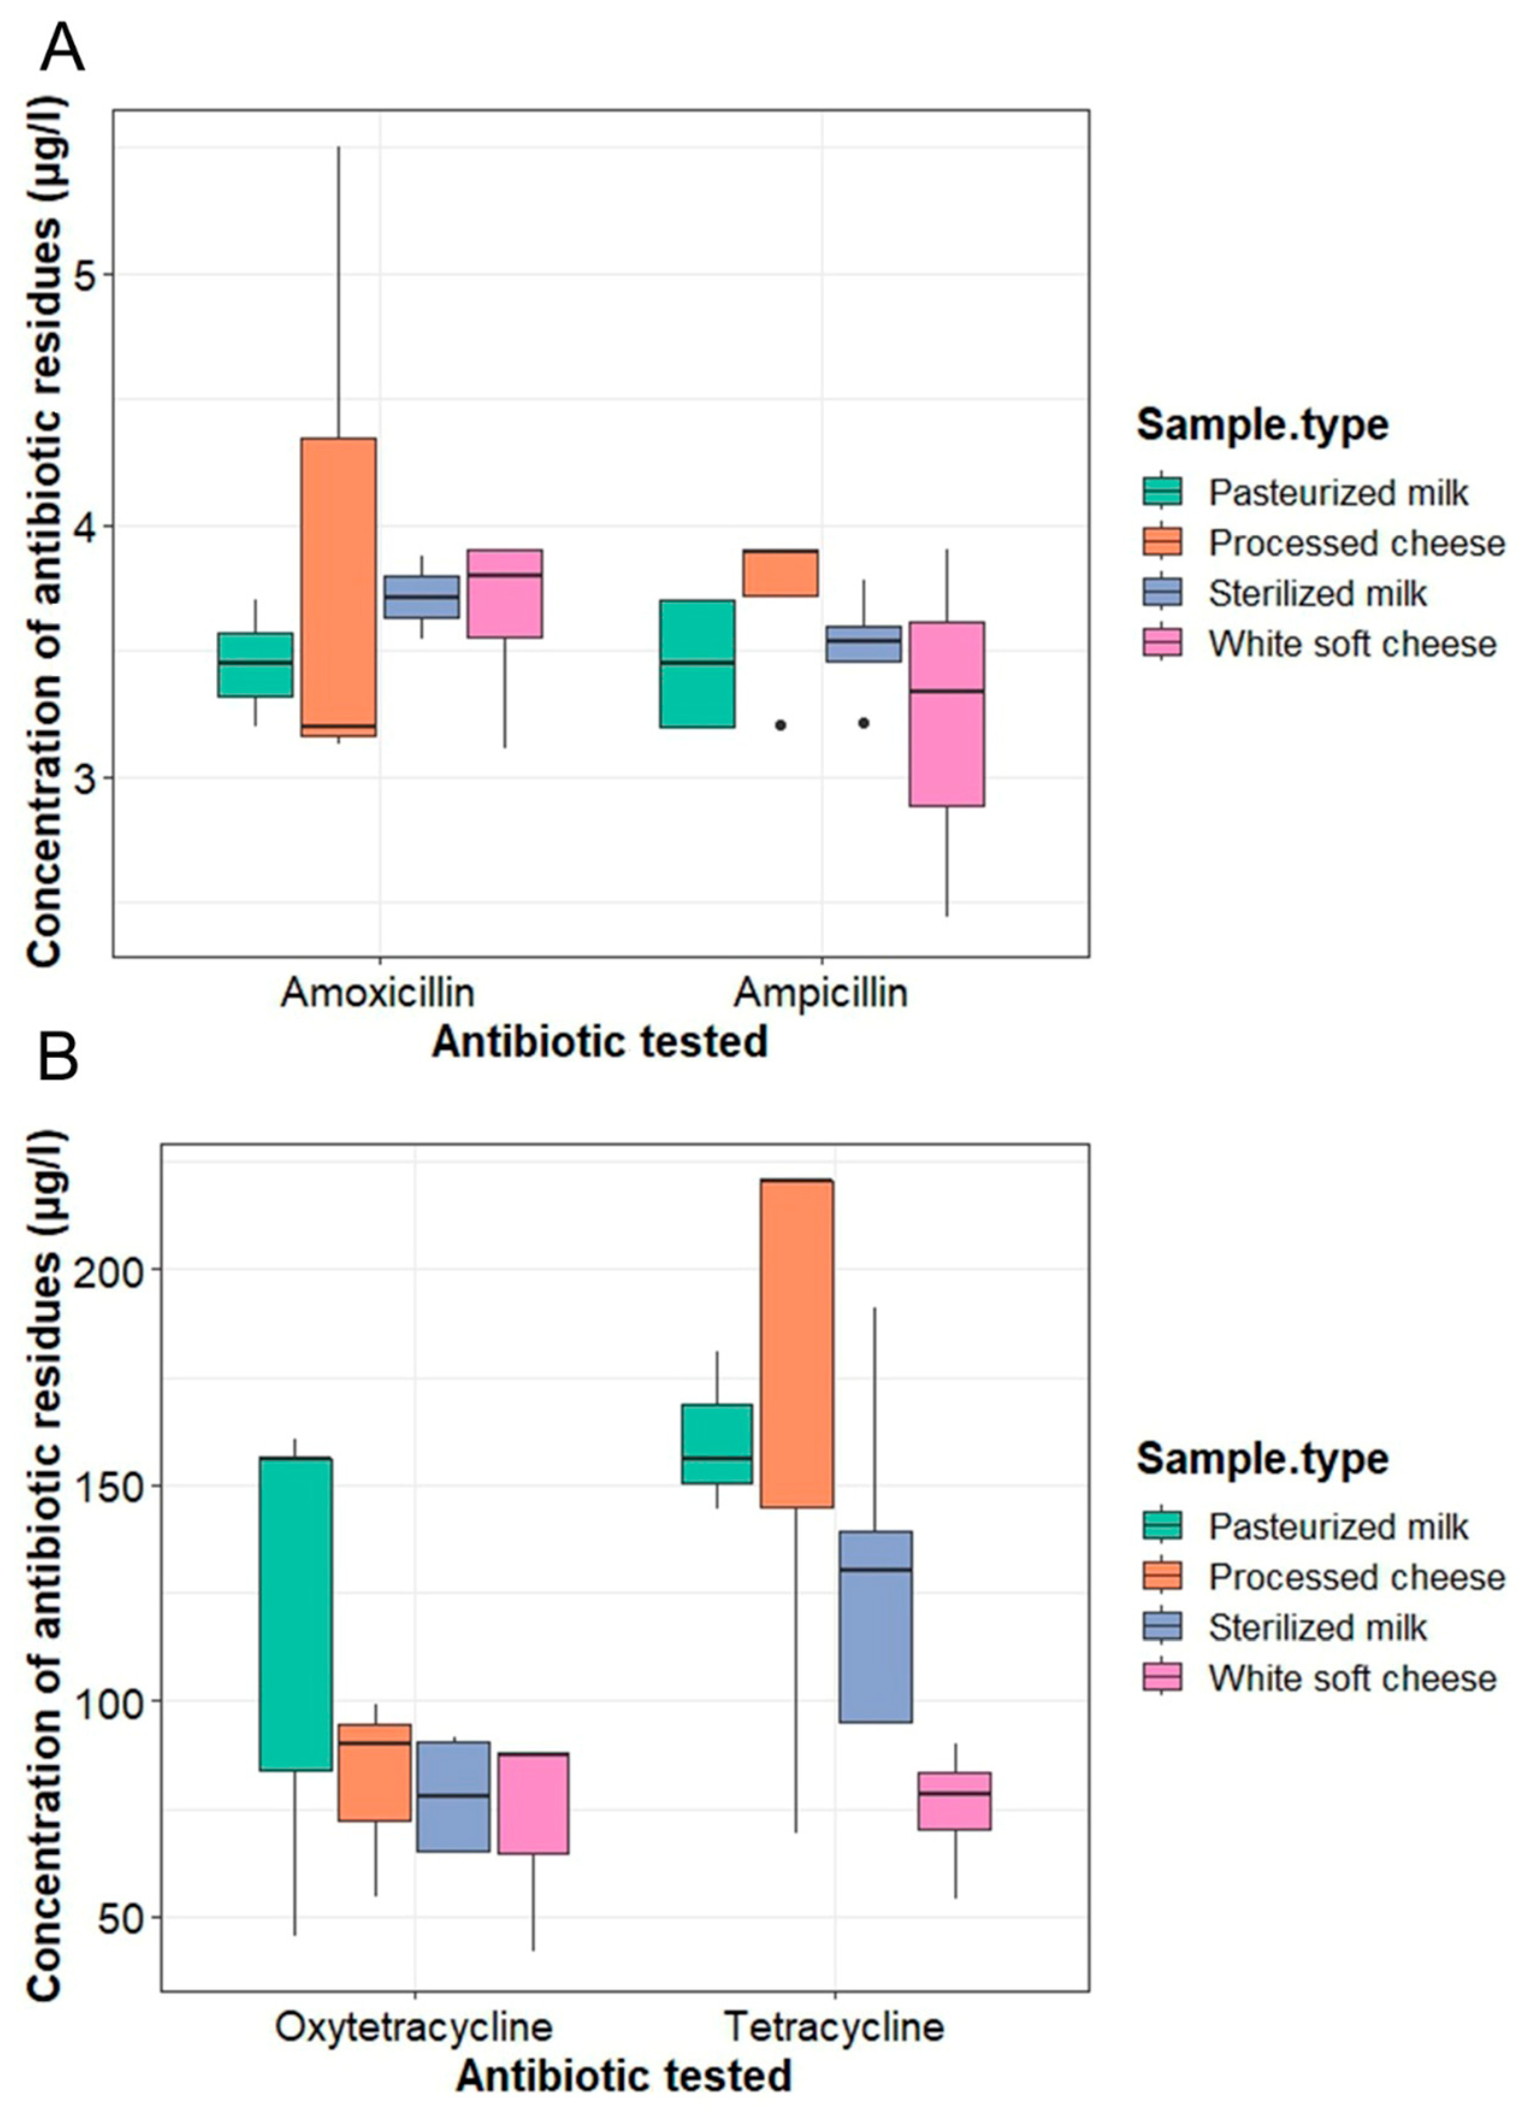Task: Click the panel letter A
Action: click(x=62, y=49)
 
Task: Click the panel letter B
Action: click(x=58, y=1059)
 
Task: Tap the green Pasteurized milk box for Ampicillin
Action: click(x=696, y=663)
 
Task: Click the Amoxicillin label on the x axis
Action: click(x=377, y=993)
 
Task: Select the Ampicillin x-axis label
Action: click(x=820, y=993)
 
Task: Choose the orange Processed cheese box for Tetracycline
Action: click(x=796, y=1343)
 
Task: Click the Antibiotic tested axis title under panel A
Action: click(x=600, y=1041)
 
